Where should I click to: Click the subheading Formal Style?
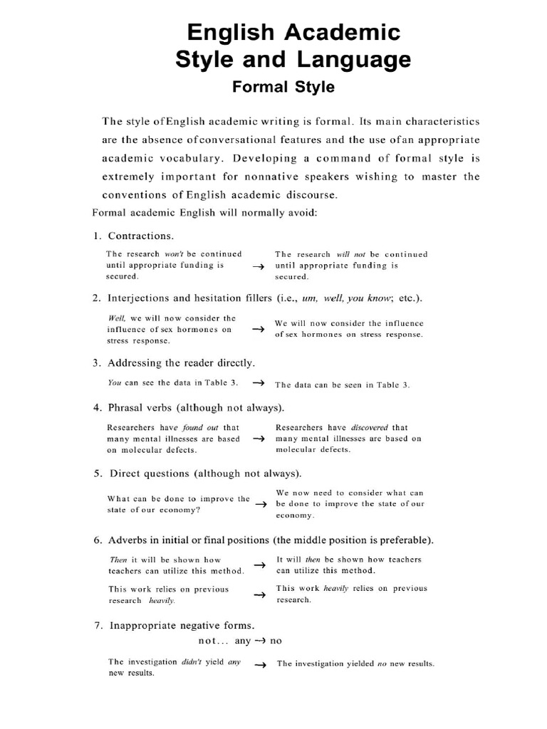click(x=283, y=87)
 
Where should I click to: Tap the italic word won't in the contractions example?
click(x=174, y=253)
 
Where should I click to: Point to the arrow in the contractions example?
click(x=259, y=266)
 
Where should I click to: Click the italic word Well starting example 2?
click(x=116, y=318)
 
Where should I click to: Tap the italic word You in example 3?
click(x=114, y=382)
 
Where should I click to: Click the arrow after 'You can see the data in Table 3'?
click(x=259, y=383)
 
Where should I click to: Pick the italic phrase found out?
click(x=199, y=428)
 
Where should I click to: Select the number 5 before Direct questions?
click(x=97, y=473)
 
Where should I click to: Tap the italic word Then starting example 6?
click(x=118, y=560)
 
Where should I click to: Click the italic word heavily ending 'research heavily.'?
click(x=162, y=600)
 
